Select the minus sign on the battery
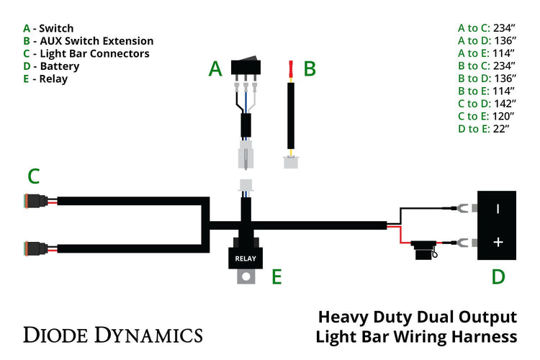pyautogui.click(x=498, y=210)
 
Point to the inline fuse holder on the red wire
pyautogui.click(x=422, y=253)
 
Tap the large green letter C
pyautogui.click(x=33, y=176)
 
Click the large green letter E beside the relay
pyautogui.click(x=276, y=277)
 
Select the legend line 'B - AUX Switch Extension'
pyautogui.click(x=88, y=41)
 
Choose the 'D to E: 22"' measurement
pyautogui.click(x=483, y=129)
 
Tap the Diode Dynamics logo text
pyautogui.click(x=113, y=334)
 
